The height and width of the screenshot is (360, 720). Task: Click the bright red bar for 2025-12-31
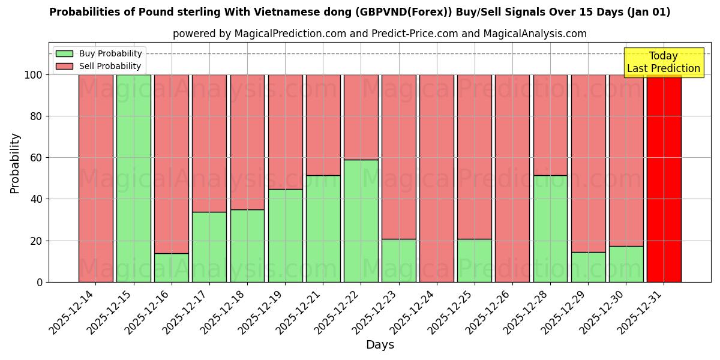point(664,178)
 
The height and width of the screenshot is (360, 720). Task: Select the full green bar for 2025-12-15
point(133,178)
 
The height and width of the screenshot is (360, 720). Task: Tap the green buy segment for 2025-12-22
point(361,221)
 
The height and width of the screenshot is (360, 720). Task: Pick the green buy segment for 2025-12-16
point(171,268)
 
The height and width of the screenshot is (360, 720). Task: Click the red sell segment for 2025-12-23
point(398,157)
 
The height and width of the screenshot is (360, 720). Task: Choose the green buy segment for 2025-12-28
point(550,229)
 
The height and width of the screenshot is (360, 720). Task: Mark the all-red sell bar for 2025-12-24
point(436,178)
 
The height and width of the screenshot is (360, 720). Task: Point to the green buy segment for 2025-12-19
point(285,236)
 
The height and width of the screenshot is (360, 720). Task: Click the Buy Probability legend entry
point(98,53)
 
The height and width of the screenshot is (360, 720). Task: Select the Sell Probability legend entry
point(98,66)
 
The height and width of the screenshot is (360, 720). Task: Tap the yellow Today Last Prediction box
point(663,62)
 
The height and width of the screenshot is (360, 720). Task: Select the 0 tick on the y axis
point(39,282)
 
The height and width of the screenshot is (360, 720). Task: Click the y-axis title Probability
point(15,163)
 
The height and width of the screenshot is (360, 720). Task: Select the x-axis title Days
point(379,345)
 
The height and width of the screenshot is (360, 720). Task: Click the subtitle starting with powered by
point(379,34)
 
